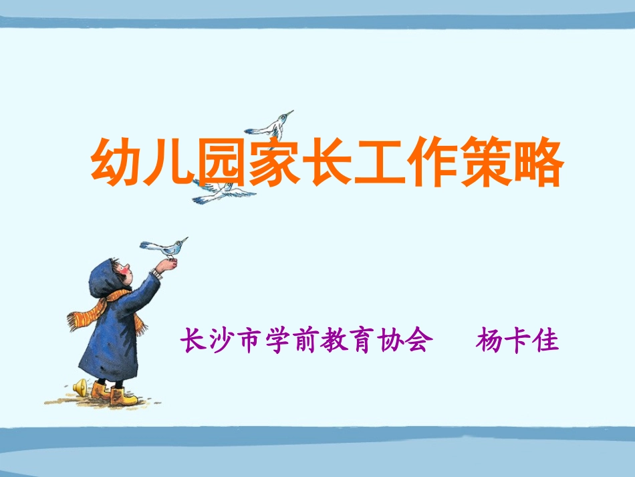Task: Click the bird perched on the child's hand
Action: (165, 247)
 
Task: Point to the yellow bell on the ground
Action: (80, 387)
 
